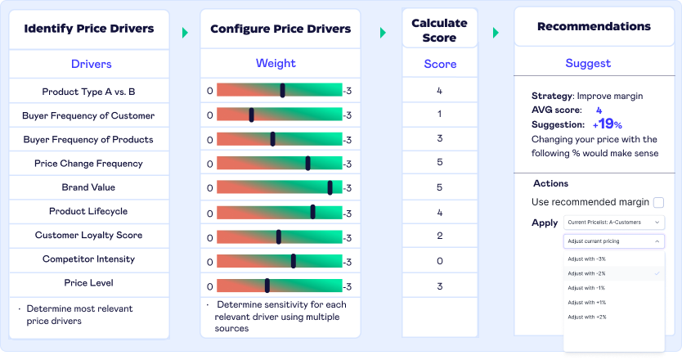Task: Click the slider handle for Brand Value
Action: (330, 187)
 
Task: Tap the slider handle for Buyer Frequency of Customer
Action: (251, 115)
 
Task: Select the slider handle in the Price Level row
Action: (267, 286)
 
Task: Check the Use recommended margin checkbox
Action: (658, 202)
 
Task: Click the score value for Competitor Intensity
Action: (440, 262)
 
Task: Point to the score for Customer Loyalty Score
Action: (440, 236)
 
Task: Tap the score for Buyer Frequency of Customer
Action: (440, 115)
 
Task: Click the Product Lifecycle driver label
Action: (88, 212)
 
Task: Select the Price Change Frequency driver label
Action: (88, 164)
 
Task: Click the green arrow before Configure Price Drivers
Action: (186, 33)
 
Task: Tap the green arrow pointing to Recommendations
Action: (496, 33)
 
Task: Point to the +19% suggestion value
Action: (607, 124)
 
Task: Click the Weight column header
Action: (276, 63)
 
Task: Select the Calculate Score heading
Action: (439, 30)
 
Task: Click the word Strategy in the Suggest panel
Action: (550, 96)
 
